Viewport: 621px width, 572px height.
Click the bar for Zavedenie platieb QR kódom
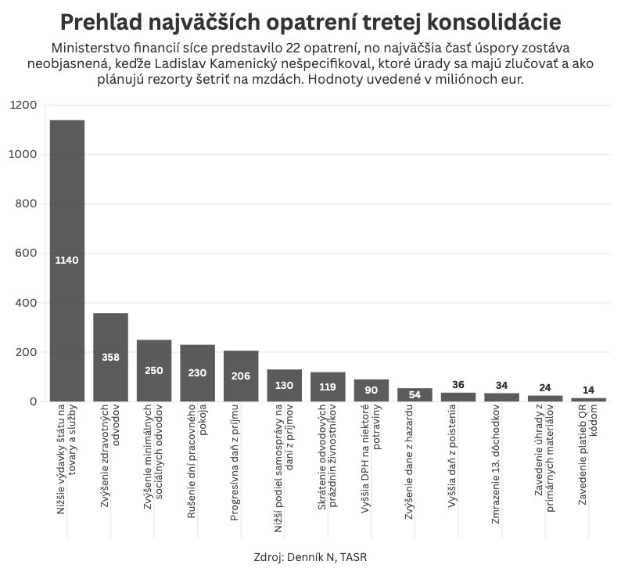(588, 399)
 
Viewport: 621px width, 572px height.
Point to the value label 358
(110, 357)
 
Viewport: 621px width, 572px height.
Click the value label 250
(154, 370)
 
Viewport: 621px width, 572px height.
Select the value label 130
(284, 385)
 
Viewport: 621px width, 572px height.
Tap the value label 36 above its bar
(458, 384)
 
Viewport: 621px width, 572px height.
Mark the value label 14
(588, 390)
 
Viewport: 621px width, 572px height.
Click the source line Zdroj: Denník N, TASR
(310, 557)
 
